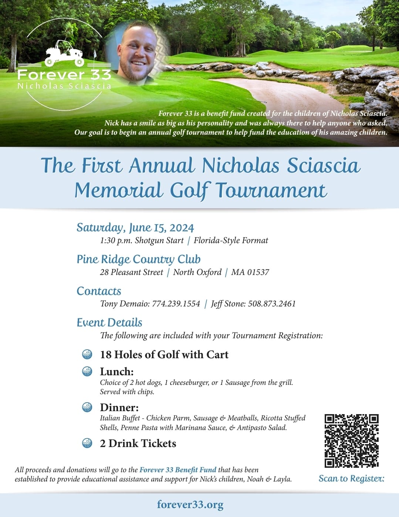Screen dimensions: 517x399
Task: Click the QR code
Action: (x=352, y=441)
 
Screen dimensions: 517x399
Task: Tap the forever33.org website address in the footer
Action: (x=190, y=504)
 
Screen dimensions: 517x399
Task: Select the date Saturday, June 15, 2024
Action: (x=135, y=227)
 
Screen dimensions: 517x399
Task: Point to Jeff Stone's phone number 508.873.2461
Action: (x=272, y=304)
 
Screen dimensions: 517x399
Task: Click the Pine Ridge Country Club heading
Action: (x=138, y=259)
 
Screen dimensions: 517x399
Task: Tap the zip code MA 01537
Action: (x=250, y=272)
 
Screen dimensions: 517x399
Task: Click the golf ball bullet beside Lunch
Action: (x=87, y=371)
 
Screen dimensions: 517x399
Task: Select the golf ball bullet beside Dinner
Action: (x=87, y=407)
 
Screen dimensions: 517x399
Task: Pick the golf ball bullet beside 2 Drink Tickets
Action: (x=87, y=443)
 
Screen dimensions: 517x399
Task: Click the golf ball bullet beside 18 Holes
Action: (x=87, y=354)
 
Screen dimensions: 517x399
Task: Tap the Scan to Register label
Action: (x=351, y=479)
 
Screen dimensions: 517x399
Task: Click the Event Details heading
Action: (x=109, y=323)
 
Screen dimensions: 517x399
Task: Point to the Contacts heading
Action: (x=99, y=291)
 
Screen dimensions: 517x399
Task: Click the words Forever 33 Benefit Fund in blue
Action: (x=177, y=470)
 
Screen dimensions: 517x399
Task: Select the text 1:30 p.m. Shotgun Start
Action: (x=142, y=241)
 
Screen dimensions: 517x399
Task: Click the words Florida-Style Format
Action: (x=231, y=241)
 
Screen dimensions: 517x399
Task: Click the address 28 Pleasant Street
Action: (x=131, y=272)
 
